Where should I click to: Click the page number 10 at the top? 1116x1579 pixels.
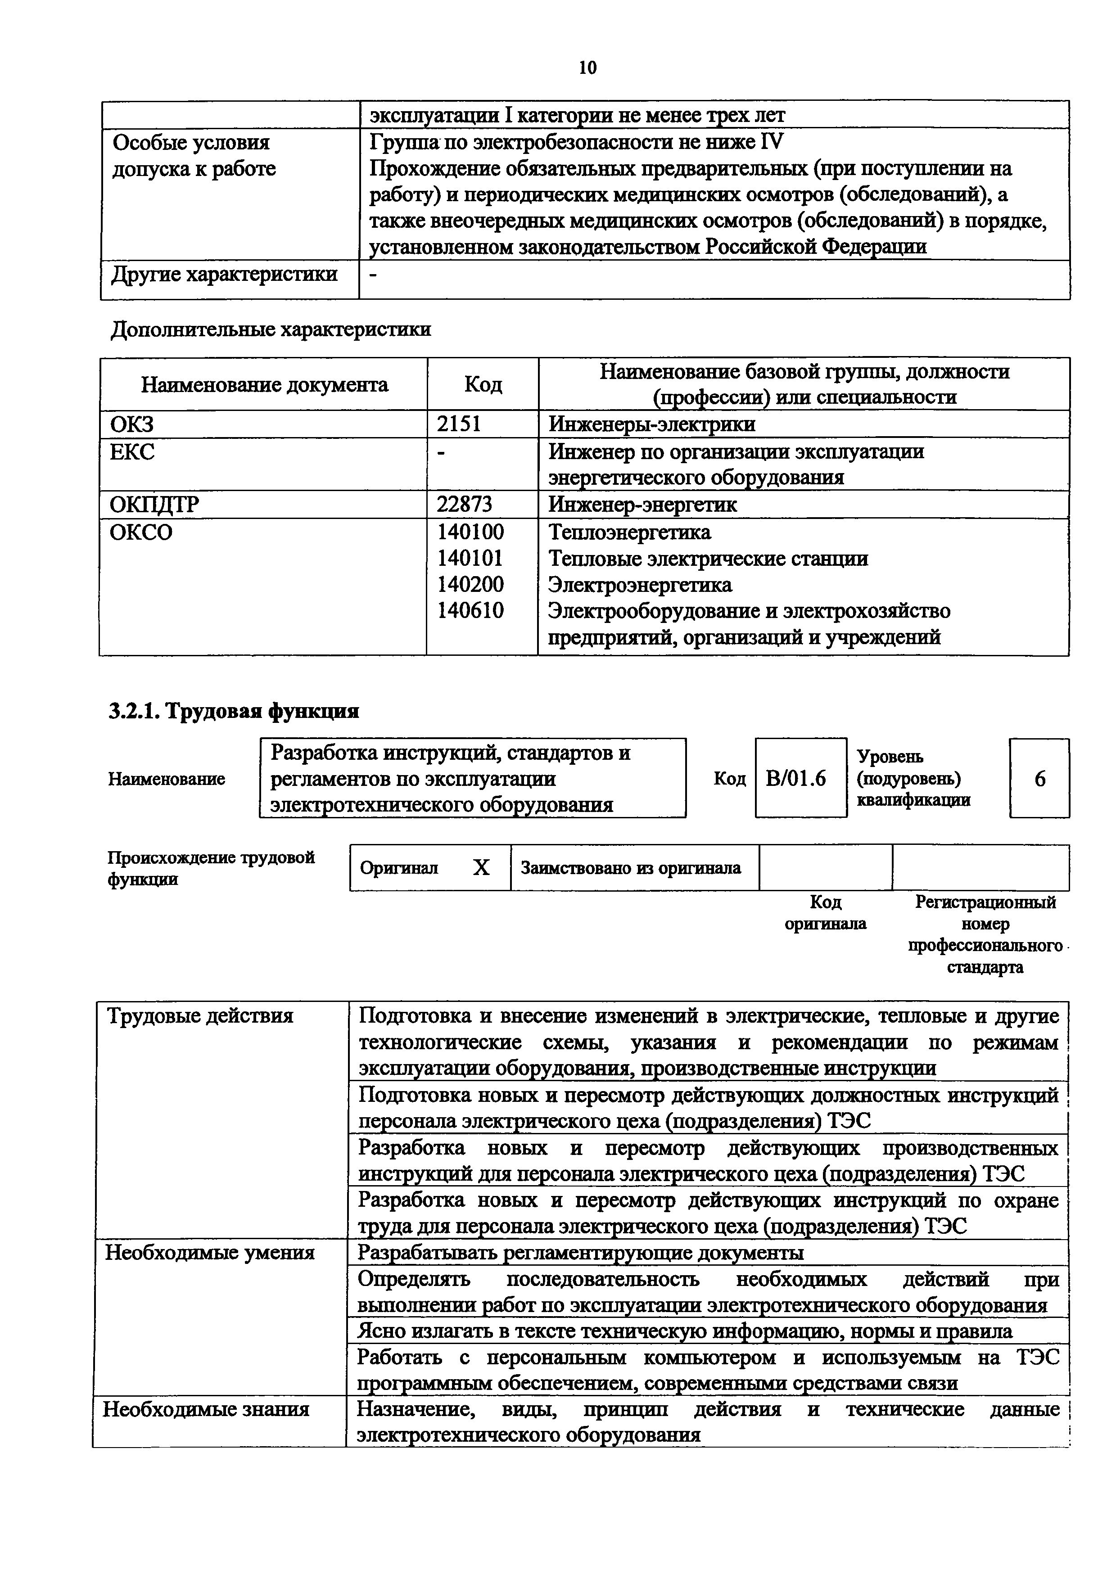click(x=588, y=68)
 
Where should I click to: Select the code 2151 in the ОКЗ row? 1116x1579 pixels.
click(x=459, y=424)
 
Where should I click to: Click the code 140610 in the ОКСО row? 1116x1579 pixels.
click(x=470, y=610)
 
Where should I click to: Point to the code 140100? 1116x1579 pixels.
click(x=470, y=532)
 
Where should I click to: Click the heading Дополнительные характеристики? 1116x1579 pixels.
click(x=271, y=329)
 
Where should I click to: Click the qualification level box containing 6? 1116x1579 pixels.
click(x=1039, y=779)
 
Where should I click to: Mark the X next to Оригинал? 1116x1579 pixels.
click(x=481, y=868)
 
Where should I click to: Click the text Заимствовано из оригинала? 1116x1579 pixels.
click(x=631, y=868)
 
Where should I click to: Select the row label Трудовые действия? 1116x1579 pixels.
click(x=200, y=1016)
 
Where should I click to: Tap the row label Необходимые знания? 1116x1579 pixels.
click(x=206, y=1410)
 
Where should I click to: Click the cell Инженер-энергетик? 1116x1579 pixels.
click(x=642, y=505)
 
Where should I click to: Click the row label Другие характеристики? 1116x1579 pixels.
click(x=225, y=275)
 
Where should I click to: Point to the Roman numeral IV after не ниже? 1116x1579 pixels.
click(x=772, y=142)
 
